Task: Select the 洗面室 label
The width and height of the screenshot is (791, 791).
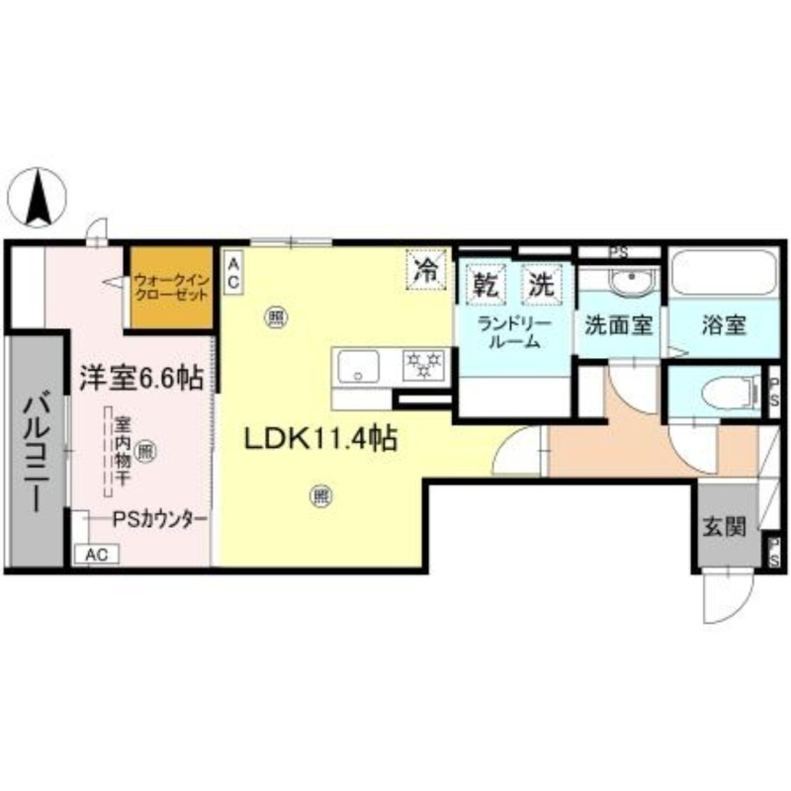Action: tap(617, 324)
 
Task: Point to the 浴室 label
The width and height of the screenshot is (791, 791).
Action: tap(724, 324)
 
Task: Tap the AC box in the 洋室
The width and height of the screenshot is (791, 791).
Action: tap(96, 555)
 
